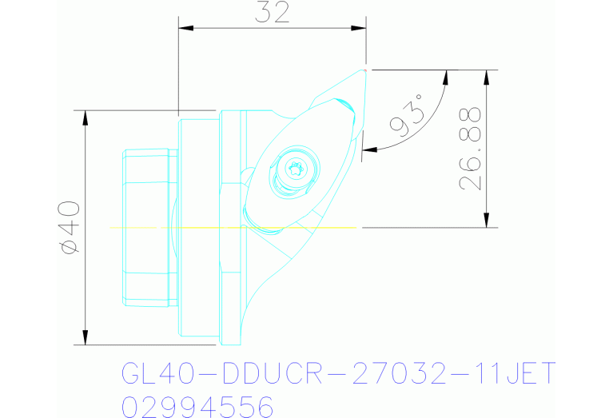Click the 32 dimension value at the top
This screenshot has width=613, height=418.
coord(272,13)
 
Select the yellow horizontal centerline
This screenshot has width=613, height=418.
coord(232,228)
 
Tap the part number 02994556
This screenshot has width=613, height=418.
coord(197,406)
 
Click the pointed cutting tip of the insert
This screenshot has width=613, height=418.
coord(364,70)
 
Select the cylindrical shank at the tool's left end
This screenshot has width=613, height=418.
coord(149,228)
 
